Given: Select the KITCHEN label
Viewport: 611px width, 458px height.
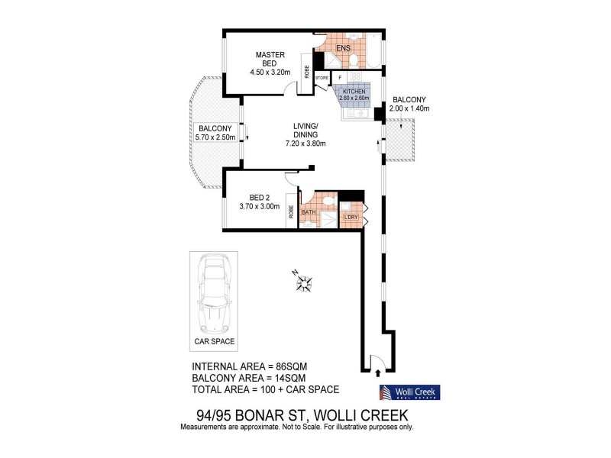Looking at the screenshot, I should point(355,91).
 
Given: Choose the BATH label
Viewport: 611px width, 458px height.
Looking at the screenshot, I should point(309,213).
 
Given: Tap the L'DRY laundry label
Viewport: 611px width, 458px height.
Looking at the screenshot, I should point(351,218).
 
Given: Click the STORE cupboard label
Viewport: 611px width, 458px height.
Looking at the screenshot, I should point(322,77).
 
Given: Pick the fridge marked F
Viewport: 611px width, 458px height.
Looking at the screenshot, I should point(340,77).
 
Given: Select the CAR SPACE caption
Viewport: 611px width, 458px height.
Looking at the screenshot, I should point(213,341).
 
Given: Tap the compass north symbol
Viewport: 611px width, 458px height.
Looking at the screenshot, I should point(303,283).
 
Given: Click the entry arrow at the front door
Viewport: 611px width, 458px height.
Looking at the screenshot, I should point(380,373).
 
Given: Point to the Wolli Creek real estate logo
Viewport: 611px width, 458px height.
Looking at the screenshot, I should point(410,393).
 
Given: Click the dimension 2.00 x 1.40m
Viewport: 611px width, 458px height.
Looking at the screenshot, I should point(409,109).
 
